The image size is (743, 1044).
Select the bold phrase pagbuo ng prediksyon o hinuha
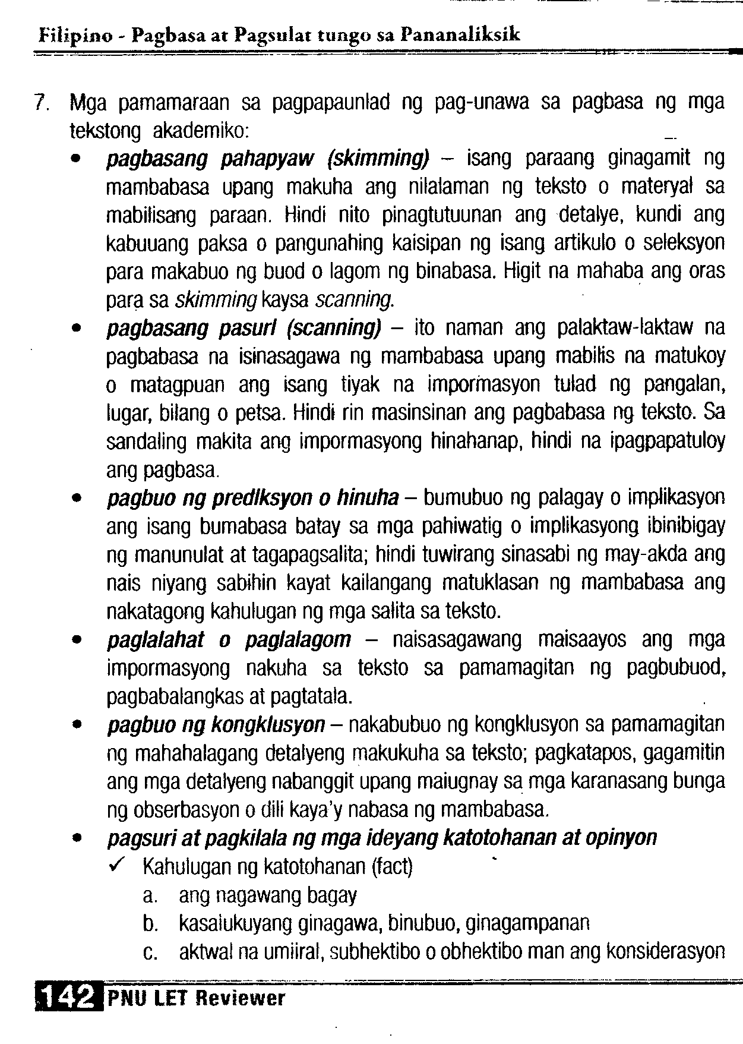(252, 498)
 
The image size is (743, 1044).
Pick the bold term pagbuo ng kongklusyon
(216, 725)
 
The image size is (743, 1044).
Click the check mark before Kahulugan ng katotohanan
(116, 867)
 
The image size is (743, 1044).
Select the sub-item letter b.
(149, 924)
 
